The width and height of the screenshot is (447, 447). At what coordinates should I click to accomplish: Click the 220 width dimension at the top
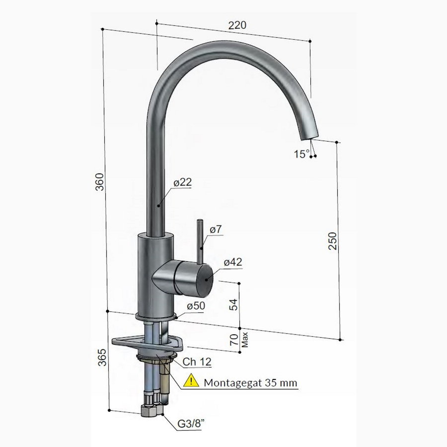coord(237,24)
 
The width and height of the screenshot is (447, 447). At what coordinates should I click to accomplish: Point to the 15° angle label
coord(300,154)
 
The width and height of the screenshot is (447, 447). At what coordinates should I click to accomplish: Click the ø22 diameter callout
coord(182,182)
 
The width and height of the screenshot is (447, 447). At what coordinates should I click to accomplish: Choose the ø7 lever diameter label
coord(216,229)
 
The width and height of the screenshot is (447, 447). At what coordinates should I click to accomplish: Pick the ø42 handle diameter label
coord(232,263)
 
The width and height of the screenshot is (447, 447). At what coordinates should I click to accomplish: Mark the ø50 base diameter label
coord(196,306)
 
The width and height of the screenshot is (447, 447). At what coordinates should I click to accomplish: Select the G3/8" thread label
coord(193,425)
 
